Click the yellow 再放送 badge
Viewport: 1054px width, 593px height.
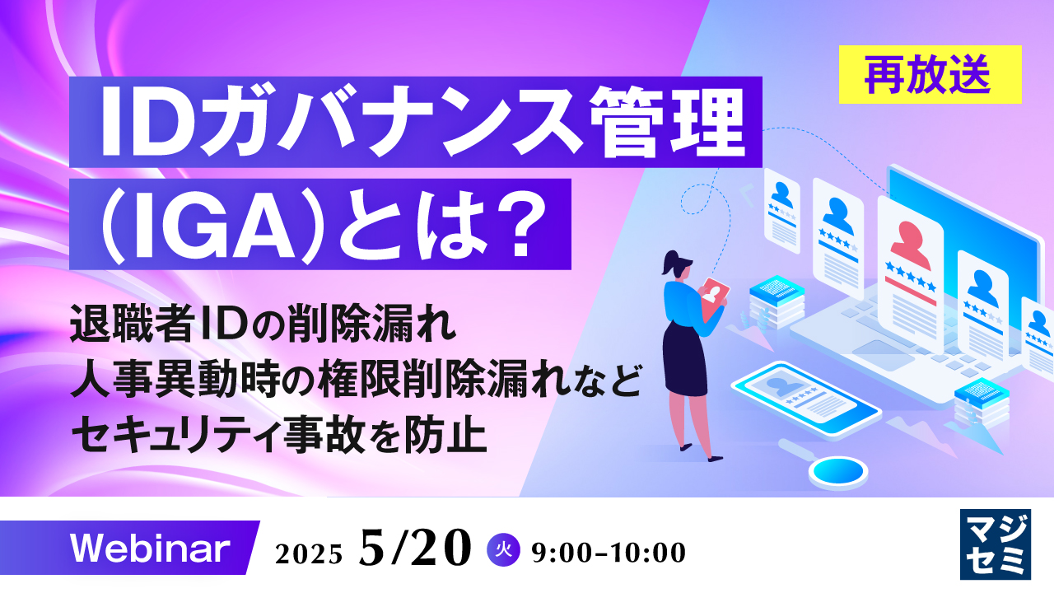pyautogui.click(x=930, y=75)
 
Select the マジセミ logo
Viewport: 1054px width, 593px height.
pyautogui.click(x=996, y=543)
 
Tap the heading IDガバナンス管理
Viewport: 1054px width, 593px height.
pyautogui.click(x=420, y=124)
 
